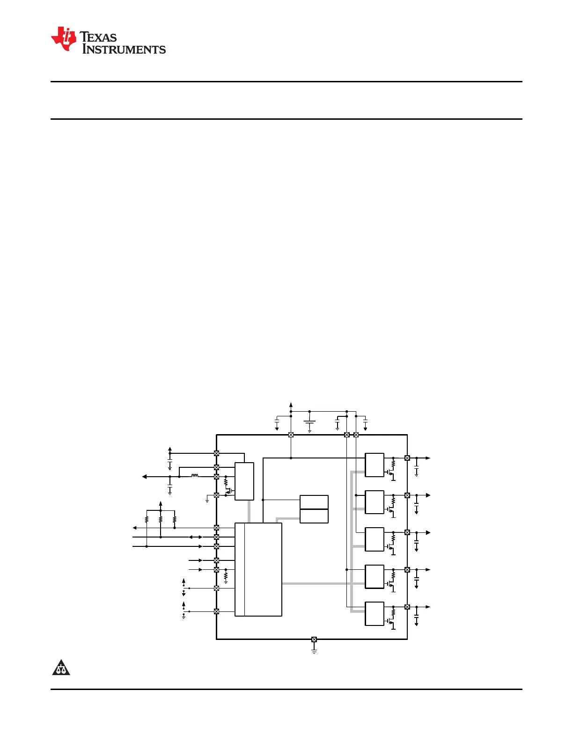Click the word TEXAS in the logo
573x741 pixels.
[x=98, y=37]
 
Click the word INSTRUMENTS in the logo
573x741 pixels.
[x=124, y=50]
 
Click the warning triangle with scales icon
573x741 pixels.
[x=61, y=668]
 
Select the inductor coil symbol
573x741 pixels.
[x=195, y=476]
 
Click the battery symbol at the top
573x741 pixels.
[x=309, y=423]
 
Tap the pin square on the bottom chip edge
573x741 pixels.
[x=314, y=639]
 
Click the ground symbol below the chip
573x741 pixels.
[x=314, y=650]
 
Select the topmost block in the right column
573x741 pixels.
[x=375, y=465]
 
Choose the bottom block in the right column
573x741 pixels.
[x=375, y=614]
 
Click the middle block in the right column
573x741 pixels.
[x=375, y=539]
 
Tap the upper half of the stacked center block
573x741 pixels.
[x=314, y=502]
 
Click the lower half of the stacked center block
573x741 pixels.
[x=314, y=516]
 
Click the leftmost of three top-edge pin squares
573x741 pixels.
[x=291, y=435]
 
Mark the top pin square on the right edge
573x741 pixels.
[x=407, y=458]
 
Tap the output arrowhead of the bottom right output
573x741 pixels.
[x=428, y=607]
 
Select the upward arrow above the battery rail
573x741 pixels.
[x=291, y=405]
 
